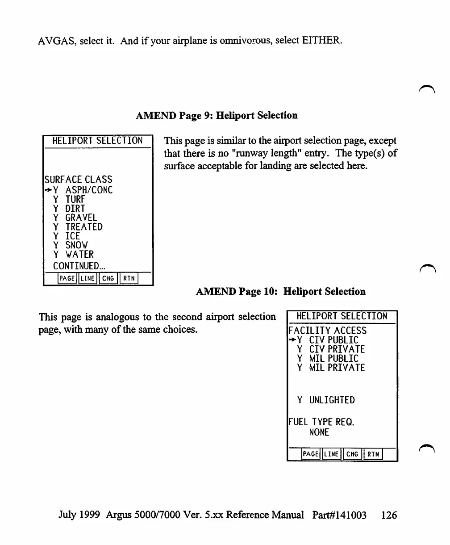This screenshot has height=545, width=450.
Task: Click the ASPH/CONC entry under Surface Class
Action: tap(89, 190)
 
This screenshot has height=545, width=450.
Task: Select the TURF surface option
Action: tap(75, 199)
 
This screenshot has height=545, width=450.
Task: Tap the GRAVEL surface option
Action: tap(81, 218)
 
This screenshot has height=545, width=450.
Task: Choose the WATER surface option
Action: tap(79, 254)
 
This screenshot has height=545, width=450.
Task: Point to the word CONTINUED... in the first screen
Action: tap(79, 265)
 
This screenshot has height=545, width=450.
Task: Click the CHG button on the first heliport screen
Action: tap(108, 279)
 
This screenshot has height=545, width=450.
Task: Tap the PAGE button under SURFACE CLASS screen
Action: tap(67, 279)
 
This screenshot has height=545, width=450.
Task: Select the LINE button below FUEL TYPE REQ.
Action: tap(331, 454)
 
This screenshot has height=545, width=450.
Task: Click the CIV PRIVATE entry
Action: tap(337, 349)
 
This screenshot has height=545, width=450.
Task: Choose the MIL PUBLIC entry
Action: tap(333, 358)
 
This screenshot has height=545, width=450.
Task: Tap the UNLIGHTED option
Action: tap(332, 400)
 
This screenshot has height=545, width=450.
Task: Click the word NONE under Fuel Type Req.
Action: tap(319, 432)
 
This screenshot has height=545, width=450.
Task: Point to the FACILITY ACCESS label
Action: tap(328, 331)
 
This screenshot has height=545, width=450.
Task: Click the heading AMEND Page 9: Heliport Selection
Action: tap(217, 115)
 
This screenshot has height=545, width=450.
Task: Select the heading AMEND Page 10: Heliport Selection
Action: tap(281, 292)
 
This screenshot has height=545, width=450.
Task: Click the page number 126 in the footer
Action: tap(389, 515)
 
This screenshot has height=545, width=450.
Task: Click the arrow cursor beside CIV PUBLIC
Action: tap(292, 340)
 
